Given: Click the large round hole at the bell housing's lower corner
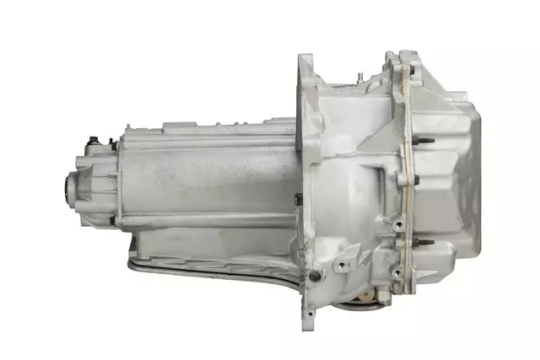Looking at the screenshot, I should click(x=316, y=276).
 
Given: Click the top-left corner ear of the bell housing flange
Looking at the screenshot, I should click(x=305, y=61).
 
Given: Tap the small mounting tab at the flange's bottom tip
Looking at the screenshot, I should click(x=309, y=313).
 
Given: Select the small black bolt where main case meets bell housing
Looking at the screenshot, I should click(x=298, y=199).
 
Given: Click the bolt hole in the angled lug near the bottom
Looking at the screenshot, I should click(x=342, y=265).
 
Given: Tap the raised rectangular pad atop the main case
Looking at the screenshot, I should click(x=181, y=126).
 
